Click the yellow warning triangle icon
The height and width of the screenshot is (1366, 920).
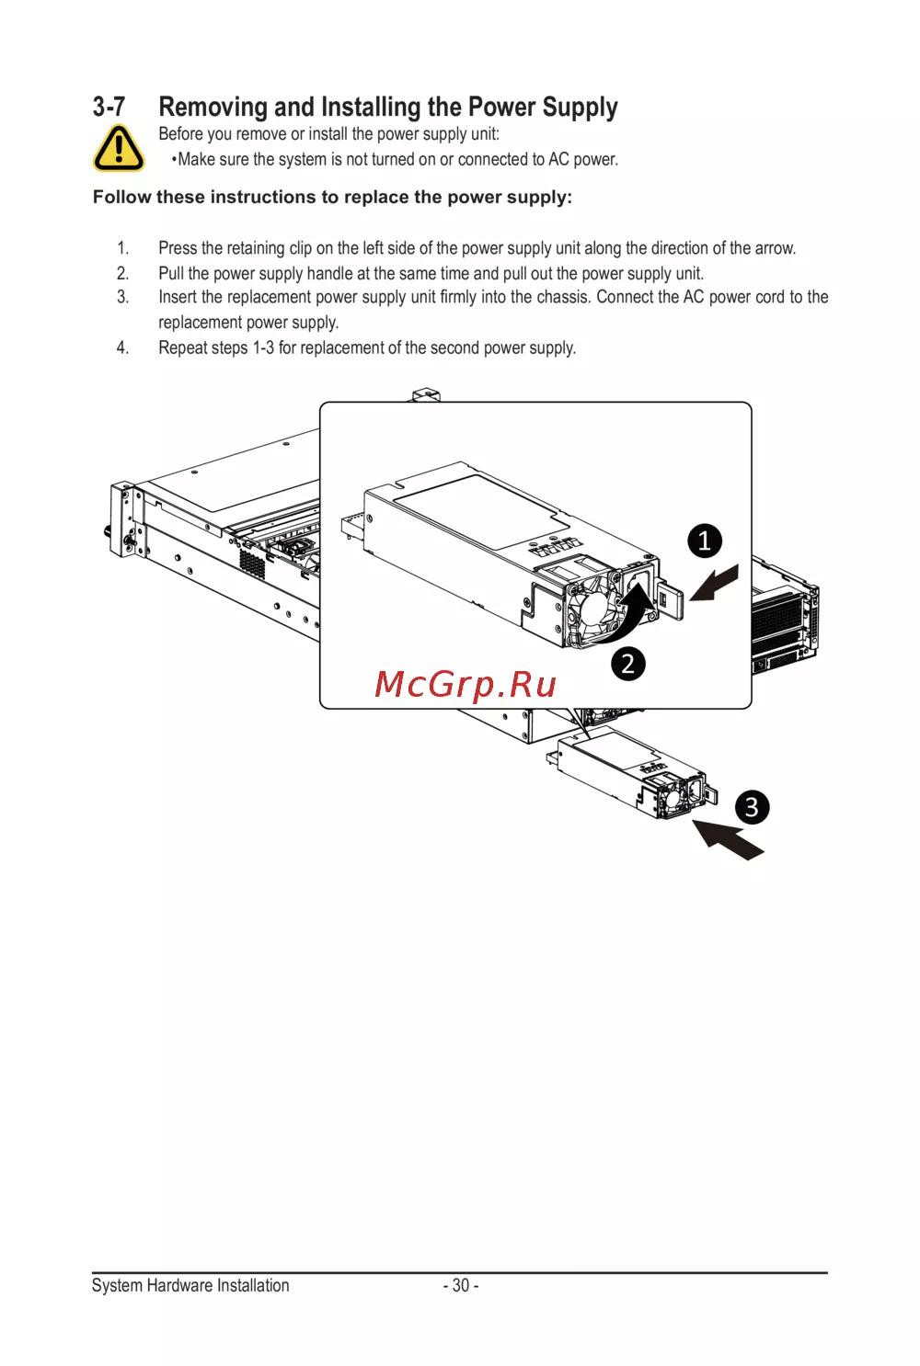pyautogui.click(x=119, y=148)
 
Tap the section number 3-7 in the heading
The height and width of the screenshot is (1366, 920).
pyautogui.click(x=109, y=107)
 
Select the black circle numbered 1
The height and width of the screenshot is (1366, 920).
pyautogui.click(x=705, y=541)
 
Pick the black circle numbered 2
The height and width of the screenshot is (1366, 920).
pyautogui.click(x=628, y=664)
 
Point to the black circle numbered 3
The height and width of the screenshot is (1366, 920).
pyautogui.click(x=752, y=807)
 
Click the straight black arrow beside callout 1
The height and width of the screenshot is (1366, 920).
pyautogui.click(x=714, y=583)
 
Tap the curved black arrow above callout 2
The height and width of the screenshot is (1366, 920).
pyautogui.click(x=626, y=613)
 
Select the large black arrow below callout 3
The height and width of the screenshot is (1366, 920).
pyautogui.click(x=728, y=839)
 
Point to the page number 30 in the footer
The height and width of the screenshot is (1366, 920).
pyautogui.click(x=461, y=1285)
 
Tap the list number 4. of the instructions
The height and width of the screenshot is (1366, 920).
pyautogui.click(x=122, y=347)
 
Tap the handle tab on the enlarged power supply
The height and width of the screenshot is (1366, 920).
pyautogui.click(x=670, y=600)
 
